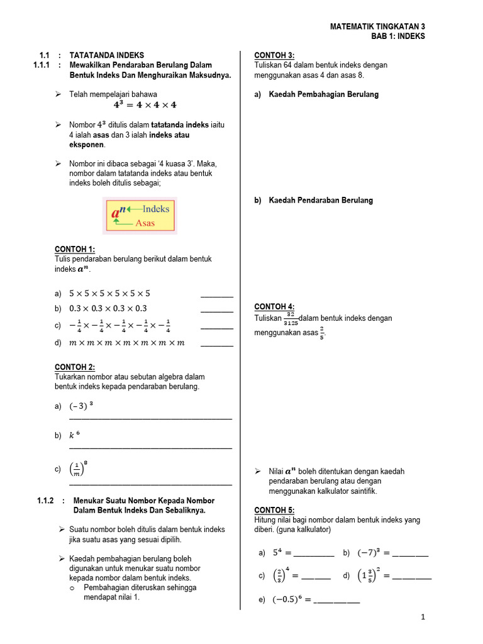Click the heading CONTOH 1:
pyautogui.click(x=74, y=250)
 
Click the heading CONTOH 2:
pyautogui.click(x=74, y=367)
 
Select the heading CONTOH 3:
pyautogui.click(x=274, y=55)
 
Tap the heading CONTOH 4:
pyautogui.click(x=274, y=307)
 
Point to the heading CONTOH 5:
pyautogui.click(x=274, y=510)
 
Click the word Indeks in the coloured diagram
pyautogui.click(x=156, y=209)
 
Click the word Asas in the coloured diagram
pyautogui.click(x=145, y=223)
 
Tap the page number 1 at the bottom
pyautogui.click(x=423, y=617)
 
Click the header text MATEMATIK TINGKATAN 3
pyautogui.click(x=377, y=27)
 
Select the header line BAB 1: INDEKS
pyautogui.click(x=398, y=36)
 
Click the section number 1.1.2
pyautogui.click(x=46, y=501)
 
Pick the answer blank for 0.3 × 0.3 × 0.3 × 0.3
pyautogui.click(x=216, y=311)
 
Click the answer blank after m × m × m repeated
pyautogui.click(x=216, y=345)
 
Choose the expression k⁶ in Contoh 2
pyautogui.click(x=74, y=435)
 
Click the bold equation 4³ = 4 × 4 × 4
pyautogui.click(x=145, y=105)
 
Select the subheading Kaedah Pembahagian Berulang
pyautogui.click(x=324, y=95)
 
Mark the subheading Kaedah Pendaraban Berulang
pyautogui.click(x=321, y=201)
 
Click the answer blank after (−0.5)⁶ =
pyautogui.click(x=336, y=602)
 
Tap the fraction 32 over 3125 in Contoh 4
pyautogui.click(x=291, y=318)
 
